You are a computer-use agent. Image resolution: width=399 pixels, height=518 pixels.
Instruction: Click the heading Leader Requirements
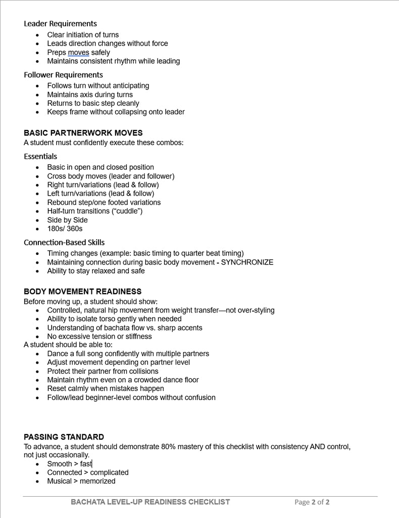click(x=60, y=24)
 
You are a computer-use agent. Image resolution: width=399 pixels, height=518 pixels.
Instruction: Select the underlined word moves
click(x=78, y=53)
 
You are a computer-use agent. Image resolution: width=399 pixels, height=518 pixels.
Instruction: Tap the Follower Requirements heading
click(x=63, y=75)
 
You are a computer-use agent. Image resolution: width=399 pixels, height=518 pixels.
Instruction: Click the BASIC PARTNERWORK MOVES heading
click(x=83, y=133)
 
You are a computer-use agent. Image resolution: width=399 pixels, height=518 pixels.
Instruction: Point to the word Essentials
click(x=40, y=156)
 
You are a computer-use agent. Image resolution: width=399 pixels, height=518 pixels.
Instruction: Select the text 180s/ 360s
click(x=65, y=229)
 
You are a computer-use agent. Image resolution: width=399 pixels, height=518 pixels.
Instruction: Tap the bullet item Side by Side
click(x=67, y=220)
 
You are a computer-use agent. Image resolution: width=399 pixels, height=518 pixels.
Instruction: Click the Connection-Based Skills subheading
click(x=64, y=242)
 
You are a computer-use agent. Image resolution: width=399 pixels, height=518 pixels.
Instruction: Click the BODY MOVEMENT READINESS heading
click(x=82, y=291)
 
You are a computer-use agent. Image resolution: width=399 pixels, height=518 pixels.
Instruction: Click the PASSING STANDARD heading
click(x=64, y=437)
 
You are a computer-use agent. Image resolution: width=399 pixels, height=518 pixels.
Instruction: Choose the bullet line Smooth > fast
click(x=70, y=464)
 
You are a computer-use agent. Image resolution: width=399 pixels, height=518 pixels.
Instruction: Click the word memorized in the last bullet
click(x=97, y=481)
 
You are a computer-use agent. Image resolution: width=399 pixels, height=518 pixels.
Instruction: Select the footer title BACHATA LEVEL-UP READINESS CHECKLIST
click(x=150, y=502)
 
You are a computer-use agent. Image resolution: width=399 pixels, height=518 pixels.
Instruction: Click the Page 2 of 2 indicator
click(x=312, y=502)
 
